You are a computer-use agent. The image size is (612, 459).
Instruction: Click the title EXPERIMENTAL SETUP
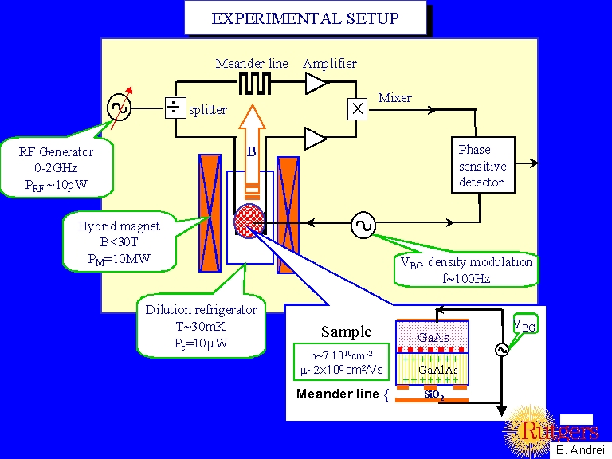[305, 18]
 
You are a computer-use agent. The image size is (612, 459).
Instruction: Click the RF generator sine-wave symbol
[119, 106]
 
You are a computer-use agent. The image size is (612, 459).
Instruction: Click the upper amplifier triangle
[317, 82]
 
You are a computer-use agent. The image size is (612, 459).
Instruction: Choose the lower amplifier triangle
[316, 139]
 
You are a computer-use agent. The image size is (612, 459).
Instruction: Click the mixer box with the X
[358, 108]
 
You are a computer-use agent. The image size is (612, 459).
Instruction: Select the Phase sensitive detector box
[481, 166]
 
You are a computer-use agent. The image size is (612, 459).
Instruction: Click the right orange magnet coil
[287, 214]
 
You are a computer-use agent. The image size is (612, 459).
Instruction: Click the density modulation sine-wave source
[362, 226]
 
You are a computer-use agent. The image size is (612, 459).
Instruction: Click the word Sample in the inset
[346, 331]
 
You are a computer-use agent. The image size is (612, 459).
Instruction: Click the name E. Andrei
[581, 449]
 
